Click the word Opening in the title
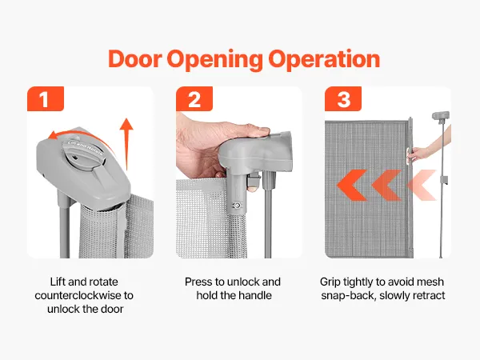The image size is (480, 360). (214, 60)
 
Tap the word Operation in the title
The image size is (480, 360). (325, 58)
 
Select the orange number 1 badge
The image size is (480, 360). (46, 99)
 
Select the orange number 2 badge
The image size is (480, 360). (194, 99)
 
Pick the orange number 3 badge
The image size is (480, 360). (343, 99)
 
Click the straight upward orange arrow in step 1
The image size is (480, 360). (126, 144)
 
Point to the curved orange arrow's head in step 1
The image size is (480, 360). (54, 135)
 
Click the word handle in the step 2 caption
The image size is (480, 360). (255, 295)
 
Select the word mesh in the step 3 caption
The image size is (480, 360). (430, 282)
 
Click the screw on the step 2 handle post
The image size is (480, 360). (236, 206)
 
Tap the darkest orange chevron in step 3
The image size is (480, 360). (352, 185)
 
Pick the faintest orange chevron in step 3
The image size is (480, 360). (422, 185)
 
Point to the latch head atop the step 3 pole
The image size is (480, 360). (441, 116)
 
